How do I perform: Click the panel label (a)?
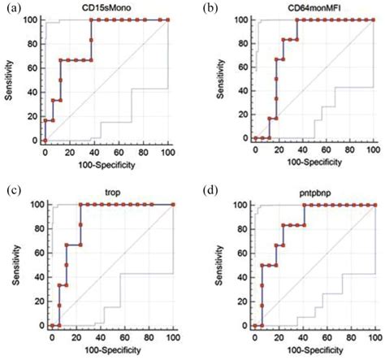pos(11,7)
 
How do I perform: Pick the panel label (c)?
pos(11,190)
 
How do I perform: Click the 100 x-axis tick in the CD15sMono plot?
pos(167,152)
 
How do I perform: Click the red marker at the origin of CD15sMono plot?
pos(45,140)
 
